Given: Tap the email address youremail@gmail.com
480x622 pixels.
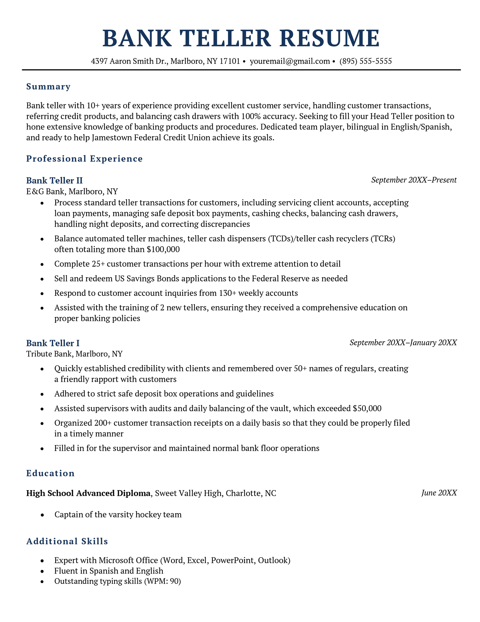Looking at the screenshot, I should pyautogui.click(x=290, y=61).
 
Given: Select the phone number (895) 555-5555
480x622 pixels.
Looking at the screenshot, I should pyautogui.click(x=365, y=61).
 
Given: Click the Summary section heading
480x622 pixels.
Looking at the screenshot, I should pyautogui.click(x=48, y=87).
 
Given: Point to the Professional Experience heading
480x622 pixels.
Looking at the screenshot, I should pyautogui.click(x=84, y=159).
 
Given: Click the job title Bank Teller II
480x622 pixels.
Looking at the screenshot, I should pyautogui.click(x=54, y=181).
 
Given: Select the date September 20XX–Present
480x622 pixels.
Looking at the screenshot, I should pyautogui.click(x=414, y=180).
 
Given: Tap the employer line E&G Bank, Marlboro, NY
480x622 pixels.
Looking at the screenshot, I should pyautogui.click(x=72, y=192).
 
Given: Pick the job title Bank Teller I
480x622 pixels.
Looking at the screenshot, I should pyautogui.click(x=53, y=343).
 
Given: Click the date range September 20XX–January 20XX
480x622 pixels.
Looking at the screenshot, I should pyautogui.click(x=403, y=343).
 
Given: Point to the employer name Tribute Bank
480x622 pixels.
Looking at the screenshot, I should pyautogui.click(x=49, y=354).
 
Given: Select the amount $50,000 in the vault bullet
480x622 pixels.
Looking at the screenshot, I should pyautogui.click(x=367, y=408).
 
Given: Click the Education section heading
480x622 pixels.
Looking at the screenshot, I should pyautogui.click(x=50, y=473).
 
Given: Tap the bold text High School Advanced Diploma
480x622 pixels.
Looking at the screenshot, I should pyautogui.click(x=88, y=493).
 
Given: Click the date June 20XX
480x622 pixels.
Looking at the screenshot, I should pyautogui.click(x=439, y=493).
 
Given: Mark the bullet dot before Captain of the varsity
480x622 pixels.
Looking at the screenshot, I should pyautogui.click(x=42, y=515).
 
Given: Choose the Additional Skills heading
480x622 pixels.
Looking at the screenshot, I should pyautogui.click(x=67, y=541).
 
